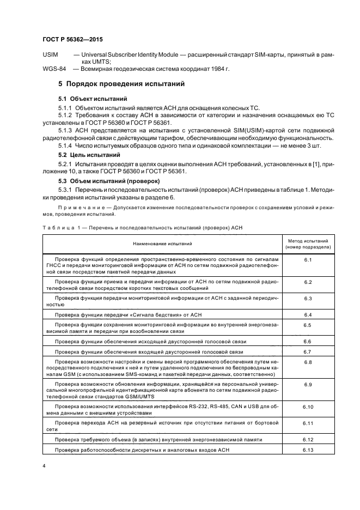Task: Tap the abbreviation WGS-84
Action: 54,69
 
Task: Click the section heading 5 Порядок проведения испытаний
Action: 121,85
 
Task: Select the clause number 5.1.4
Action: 66,147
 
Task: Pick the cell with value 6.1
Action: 307,260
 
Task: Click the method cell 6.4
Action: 307,315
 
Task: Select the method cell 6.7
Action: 307,352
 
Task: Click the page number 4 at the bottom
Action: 44,466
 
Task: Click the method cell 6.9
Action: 307,385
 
